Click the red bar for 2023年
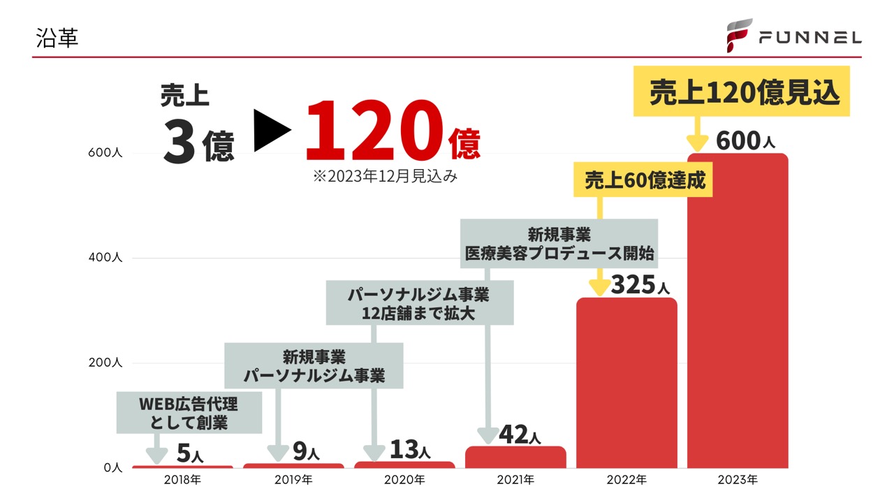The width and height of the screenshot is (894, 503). pos(738,311)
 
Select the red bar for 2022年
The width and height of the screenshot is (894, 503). pos(626,383)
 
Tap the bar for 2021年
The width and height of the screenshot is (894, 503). pos(515,458)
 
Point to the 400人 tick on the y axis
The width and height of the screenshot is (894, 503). pos(105,258)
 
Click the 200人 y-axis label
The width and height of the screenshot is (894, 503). pos(105,363)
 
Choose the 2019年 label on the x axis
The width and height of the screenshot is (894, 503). pos(293,480)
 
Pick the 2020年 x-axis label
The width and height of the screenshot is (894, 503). pos(404,480)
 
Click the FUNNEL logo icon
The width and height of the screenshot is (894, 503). pos(739,35)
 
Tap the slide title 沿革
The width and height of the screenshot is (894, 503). pos(57,38)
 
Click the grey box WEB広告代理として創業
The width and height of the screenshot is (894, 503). pos(189,413)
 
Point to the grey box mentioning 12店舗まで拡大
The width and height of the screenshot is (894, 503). pos(419,303)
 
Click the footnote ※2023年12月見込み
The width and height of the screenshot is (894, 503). pos(385,177)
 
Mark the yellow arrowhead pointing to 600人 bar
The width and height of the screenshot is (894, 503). pos(696,144)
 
